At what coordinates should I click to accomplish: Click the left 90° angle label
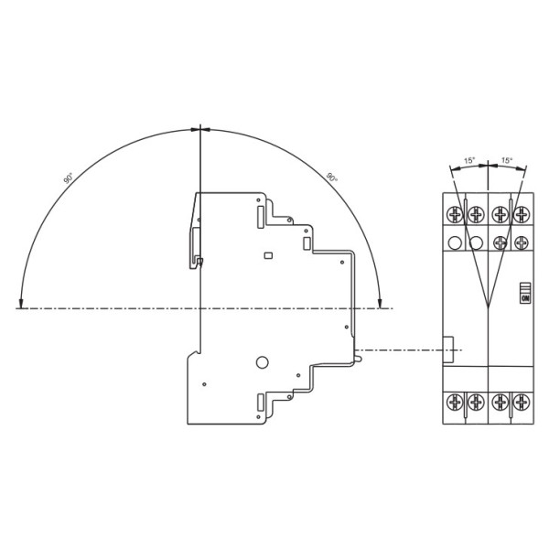(69, 178)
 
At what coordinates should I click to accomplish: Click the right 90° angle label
(331, 178)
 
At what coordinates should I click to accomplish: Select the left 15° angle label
(469, 161)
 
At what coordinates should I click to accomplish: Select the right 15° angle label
(506, 161)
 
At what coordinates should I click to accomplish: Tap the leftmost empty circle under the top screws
(455, 242)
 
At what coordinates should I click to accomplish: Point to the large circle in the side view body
(263, 361)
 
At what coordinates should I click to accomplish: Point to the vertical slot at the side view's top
(262, 217)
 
